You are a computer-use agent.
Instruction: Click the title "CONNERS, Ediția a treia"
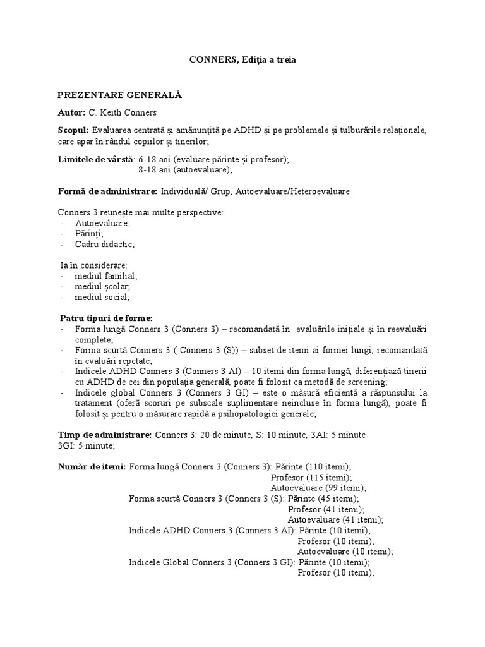[x=242, y=60]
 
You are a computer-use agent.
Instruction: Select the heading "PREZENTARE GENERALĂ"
[x=119, y=95]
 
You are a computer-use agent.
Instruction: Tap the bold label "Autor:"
[x=71, y=112]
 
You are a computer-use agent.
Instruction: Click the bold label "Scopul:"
[x=73, y=130]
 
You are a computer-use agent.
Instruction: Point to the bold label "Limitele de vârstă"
[x=95, y=160]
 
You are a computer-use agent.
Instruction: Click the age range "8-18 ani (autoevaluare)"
[x=185, y=170]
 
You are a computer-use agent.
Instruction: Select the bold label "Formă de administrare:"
[x=107, y=191]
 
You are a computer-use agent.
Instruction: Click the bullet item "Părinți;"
[x=89, y=234]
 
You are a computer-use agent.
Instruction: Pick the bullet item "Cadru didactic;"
[x=105, y=244]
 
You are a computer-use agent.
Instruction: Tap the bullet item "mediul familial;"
[x=106, y=276]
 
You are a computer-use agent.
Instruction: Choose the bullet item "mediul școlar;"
[x=102, y=286]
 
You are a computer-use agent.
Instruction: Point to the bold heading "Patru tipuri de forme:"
[x=106, y=318]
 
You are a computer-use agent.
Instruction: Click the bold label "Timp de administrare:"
[x=104, y=435]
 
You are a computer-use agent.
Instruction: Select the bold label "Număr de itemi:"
[x=92, y=467]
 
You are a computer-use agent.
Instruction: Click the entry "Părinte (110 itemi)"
[x=321, y=467]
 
